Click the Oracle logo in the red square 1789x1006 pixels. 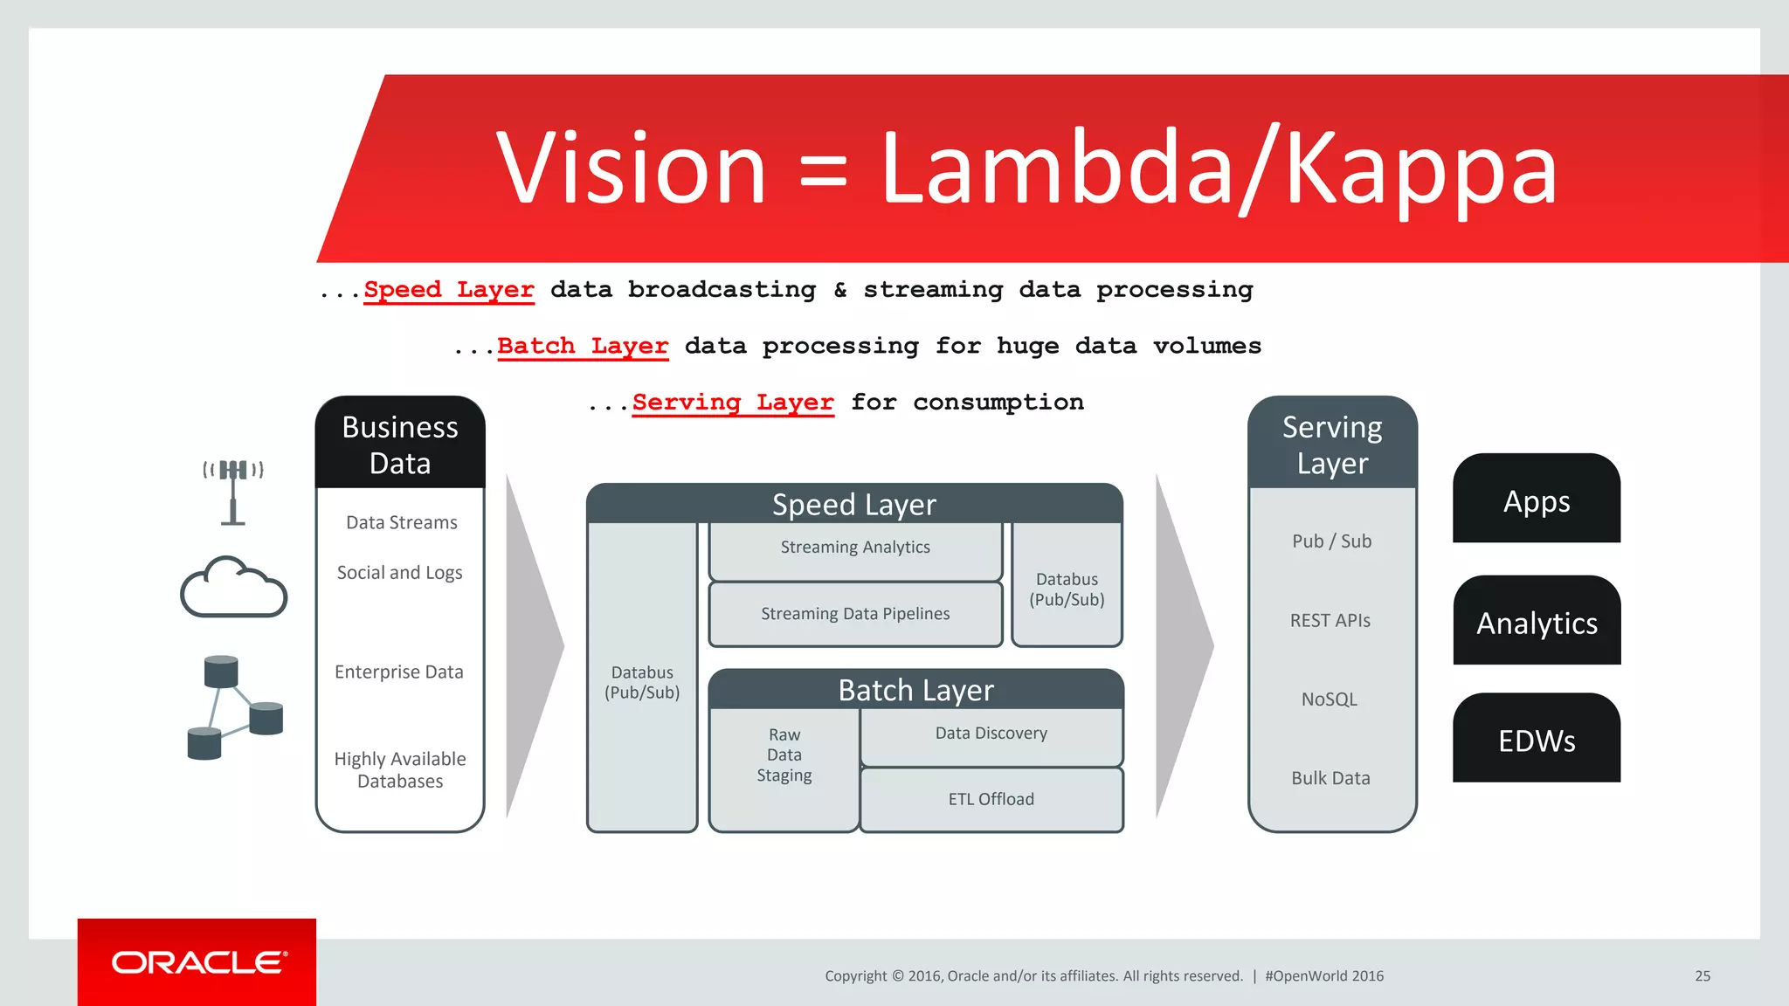(x=198, y=962)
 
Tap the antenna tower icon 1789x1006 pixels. (x=232, y=492)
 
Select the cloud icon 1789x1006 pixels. (x=233, y=588)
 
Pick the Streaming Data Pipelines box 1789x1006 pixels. (x=855, y=615)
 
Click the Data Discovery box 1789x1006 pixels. (x=991, y=735)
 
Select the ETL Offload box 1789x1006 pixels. (x=991, y=800)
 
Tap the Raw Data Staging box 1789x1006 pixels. (x=784, y=756)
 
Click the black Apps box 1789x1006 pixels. (x=1536, y=500)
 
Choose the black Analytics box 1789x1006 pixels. (x=1536, y=622)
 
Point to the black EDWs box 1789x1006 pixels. (x=1536, y=740)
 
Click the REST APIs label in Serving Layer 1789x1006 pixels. (x=1330, y=621)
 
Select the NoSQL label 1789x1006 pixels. (x=1329, y=699)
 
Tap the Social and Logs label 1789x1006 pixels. (x=399, y=573)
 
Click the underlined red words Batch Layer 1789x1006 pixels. (x=583, y=346)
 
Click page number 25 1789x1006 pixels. (x=1703, y=976)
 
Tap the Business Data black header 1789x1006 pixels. (x=400, y=444)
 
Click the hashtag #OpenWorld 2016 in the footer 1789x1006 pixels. (x=1324, y=976)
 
